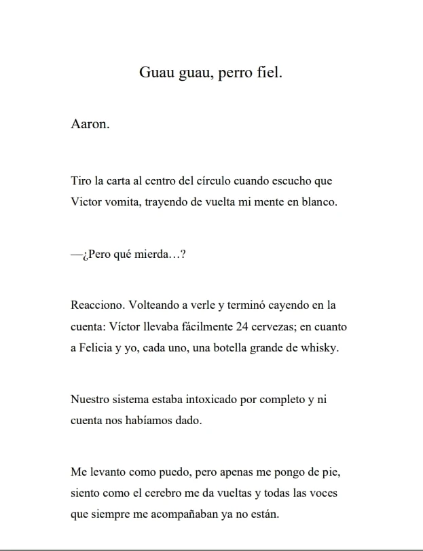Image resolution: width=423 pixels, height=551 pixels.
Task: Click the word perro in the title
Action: coord(237,73)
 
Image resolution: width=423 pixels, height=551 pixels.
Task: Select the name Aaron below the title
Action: coord(89,125)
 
